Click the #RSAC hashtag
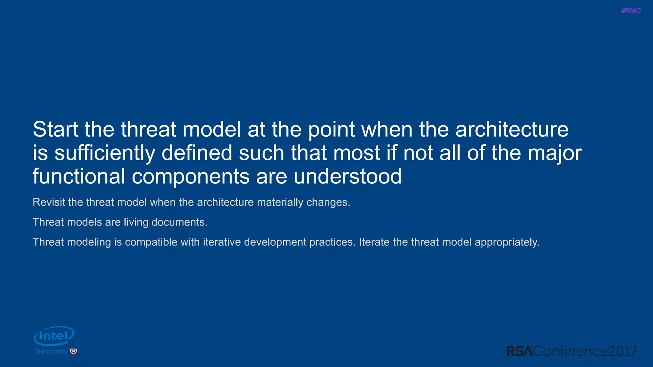631,11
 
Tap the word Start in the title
55,129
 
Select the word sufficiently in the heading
105,153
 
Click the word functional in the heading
79,176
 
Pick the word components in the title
191,176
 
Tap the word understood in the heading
347,176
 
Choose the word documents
179,222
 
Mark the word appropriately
507,242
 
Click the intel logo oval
54,336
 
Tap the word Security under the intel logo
52,351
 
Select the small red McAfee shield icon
74,351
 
